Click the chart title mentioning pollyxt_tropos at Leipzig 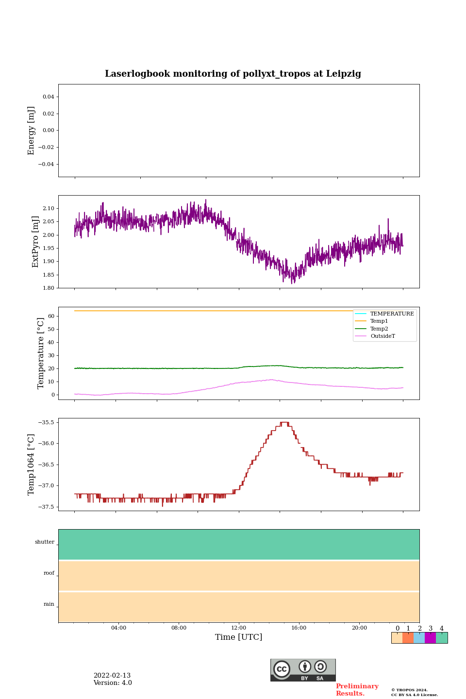pos(233,74)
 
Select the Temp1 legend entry pos(379,321)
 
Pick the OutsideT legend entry pos(383,336)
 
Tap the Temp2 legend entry pos(379,329)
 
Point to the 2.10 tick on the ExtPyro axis pos(48,209)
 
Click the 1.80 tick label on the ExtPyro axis pos(48,288)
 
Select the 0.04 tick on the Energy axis pos(48,97)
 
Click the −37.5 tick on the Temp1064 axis pos(45,507)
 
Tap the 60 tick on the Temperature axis pos(51,316)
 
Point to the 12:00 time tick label pos(239,628)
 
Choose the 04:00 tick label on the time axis pos(118,628)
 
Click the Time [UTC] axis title pos(239,637)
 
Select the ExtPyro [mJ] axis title pos(35,242)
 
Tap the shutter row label pos(45,542)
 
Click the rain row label pos(49,604)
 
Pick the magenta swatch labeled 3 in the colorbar pos(430,638)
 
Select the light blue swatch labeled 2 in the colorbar pos(419,638)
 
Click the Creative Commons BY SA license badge pos(303,670)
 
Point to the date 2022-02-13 pos(112,676)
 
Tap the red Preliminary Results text pos(357,690)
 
